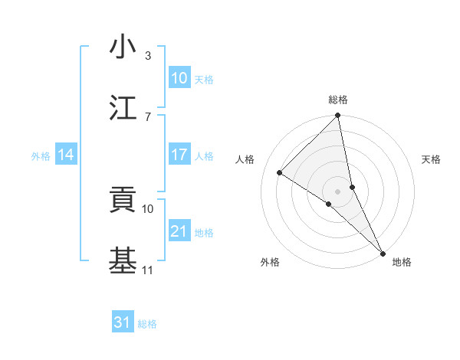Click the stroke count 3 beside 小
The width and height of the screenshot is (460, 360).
(147, 56)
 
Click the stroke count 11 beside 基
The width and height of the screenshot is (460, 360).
(147, 270)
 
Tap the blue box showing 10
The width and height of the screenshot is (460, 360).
(179, 78)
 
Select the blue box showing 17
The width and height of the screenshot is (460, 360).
(179, 155)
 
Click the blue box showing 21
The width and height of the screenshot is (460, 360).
(179, 231)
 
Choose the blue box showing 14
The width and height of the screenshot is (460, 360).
(66, 155)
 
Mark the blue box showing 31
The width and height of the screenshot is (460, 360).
(123, 322)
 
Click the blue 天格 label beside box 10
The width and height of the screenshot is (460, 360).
(204, 79)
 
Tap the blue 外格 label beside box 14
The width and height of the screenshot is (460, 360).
(41, 155)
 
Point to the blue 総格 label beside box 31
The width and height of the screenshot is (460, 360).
(147, 323)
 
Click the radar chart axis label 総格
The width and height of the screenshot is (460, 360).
(338, 100)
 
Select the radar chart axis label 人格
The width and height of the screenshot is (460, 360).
(245, 159)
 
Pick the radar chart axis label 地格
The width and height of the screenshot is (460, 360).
(402, 262)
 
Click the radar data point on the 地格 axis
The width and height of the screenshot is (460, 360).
(383, 252)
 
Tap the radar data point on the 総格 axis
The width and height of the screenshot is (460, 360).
(338, 116)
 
